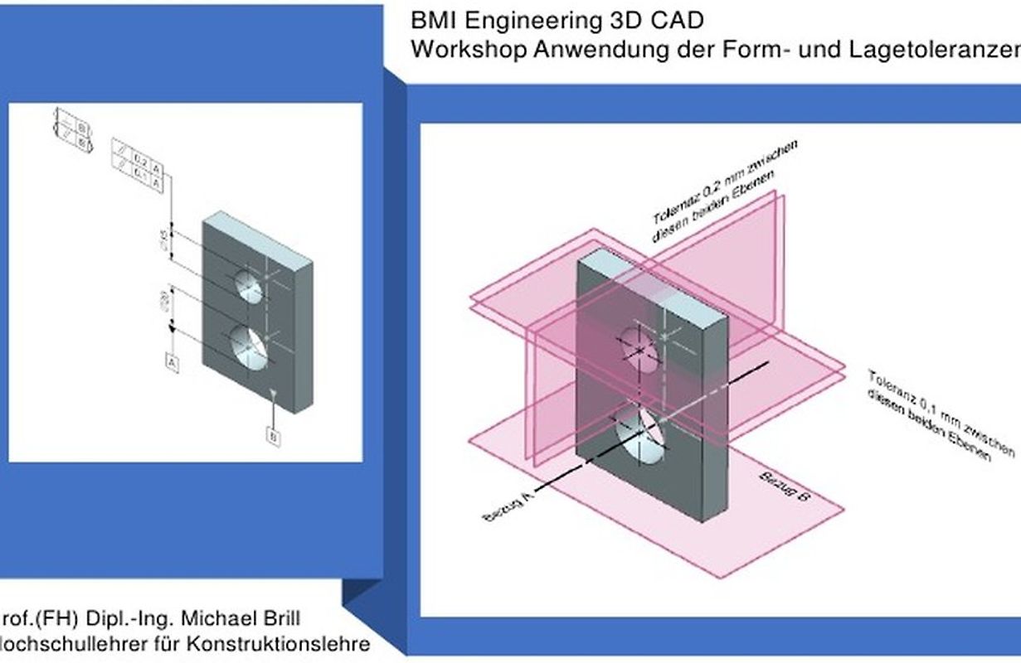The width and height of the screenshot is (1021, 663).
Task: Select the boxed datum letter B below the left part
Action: pos(273,435)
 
